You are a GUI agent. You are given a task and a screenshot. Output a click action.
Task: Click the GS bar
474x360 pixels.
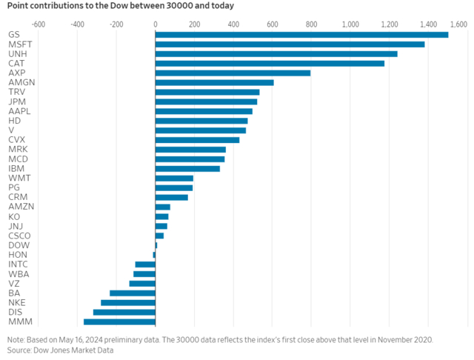coord(301,35)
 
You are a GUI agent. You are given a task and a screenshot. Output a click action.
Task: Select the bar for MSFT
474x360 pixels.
coord(290,44)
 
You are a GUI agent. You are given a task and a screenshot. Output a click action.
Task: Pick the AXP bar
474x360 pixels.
coord(233,73)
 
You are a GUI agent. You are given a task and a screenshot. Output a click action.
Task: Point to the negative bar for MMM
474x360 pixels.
coord(119,321)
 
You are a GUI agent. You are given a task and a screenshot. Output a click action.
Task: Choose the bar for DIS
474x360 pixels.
coord(124,312)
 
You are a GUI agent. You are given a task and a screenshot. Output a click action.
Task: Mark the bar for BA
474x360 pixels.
coord(133,293)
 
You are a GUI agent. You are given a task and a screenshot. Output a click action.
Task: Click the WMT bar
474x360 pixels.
coord(174,178)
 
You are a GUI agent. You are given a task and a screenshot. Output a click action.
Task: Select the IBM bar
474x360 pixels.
coord(187,168)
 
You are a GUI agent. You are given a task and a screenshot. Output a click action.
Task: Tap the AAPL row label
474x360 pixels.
coord(19,110)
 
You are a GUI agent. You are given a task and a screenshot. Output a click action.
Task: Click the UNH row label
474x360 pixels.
coord(16,53)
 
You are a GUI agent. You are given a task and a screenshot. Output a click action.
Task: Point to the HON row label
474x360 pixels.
coord(17,254)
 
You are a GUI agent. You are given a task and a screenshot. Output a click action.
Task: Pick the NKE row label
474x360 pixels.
coord(16,302)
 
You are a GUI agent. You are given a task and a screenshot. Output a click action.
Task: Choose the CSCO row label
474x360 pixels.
coord(19,235)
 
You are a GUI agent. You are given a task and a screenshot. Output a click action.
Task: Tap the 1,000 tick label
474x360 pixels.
coord(350,24)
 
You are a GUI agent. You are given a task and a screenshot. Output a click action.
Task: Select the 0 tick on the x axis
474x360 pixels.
coord(155,24)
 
